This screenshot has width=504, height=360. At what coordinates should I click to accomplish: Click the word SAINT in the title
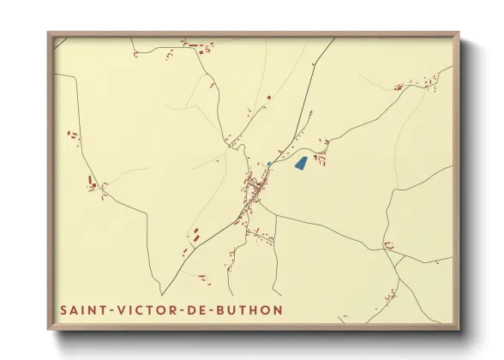click(83, 309)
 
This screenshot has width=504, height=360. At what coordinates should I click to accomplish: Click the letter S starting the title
click(64, 309)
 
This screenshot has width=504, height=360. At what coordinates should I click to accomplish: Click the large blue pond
click(300, 162)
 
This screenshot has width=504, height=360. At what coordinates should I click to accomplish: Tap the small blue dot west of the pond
click(269, 163)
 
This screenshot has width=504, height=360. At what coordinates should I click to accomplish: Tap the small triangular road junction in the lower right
click(396, 262)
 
